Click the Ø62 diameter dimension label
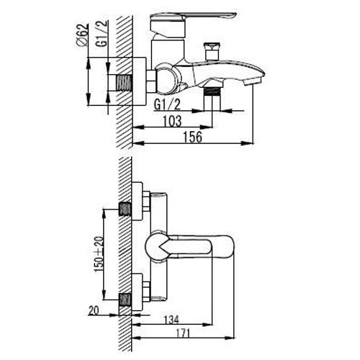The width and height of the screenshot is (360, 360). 82,35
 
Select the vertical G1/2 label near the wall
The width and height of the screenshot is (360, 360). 102,33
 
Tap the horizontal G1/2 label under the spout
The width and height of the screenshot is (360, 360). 167,104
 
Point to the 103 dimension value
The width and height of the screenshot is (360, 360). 172,121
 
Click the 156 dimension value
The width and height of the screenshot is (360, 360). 193,138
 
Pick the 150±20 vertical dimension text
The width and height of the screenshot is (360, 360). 99,254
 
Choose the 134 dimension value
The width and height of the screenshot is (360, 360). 171,320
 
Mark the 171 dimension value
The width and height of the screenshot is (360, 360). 183,333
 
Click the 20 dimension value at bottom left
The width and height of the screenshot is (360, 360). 94,310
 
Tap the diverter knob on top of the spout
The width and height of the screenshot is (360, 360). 210,52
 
